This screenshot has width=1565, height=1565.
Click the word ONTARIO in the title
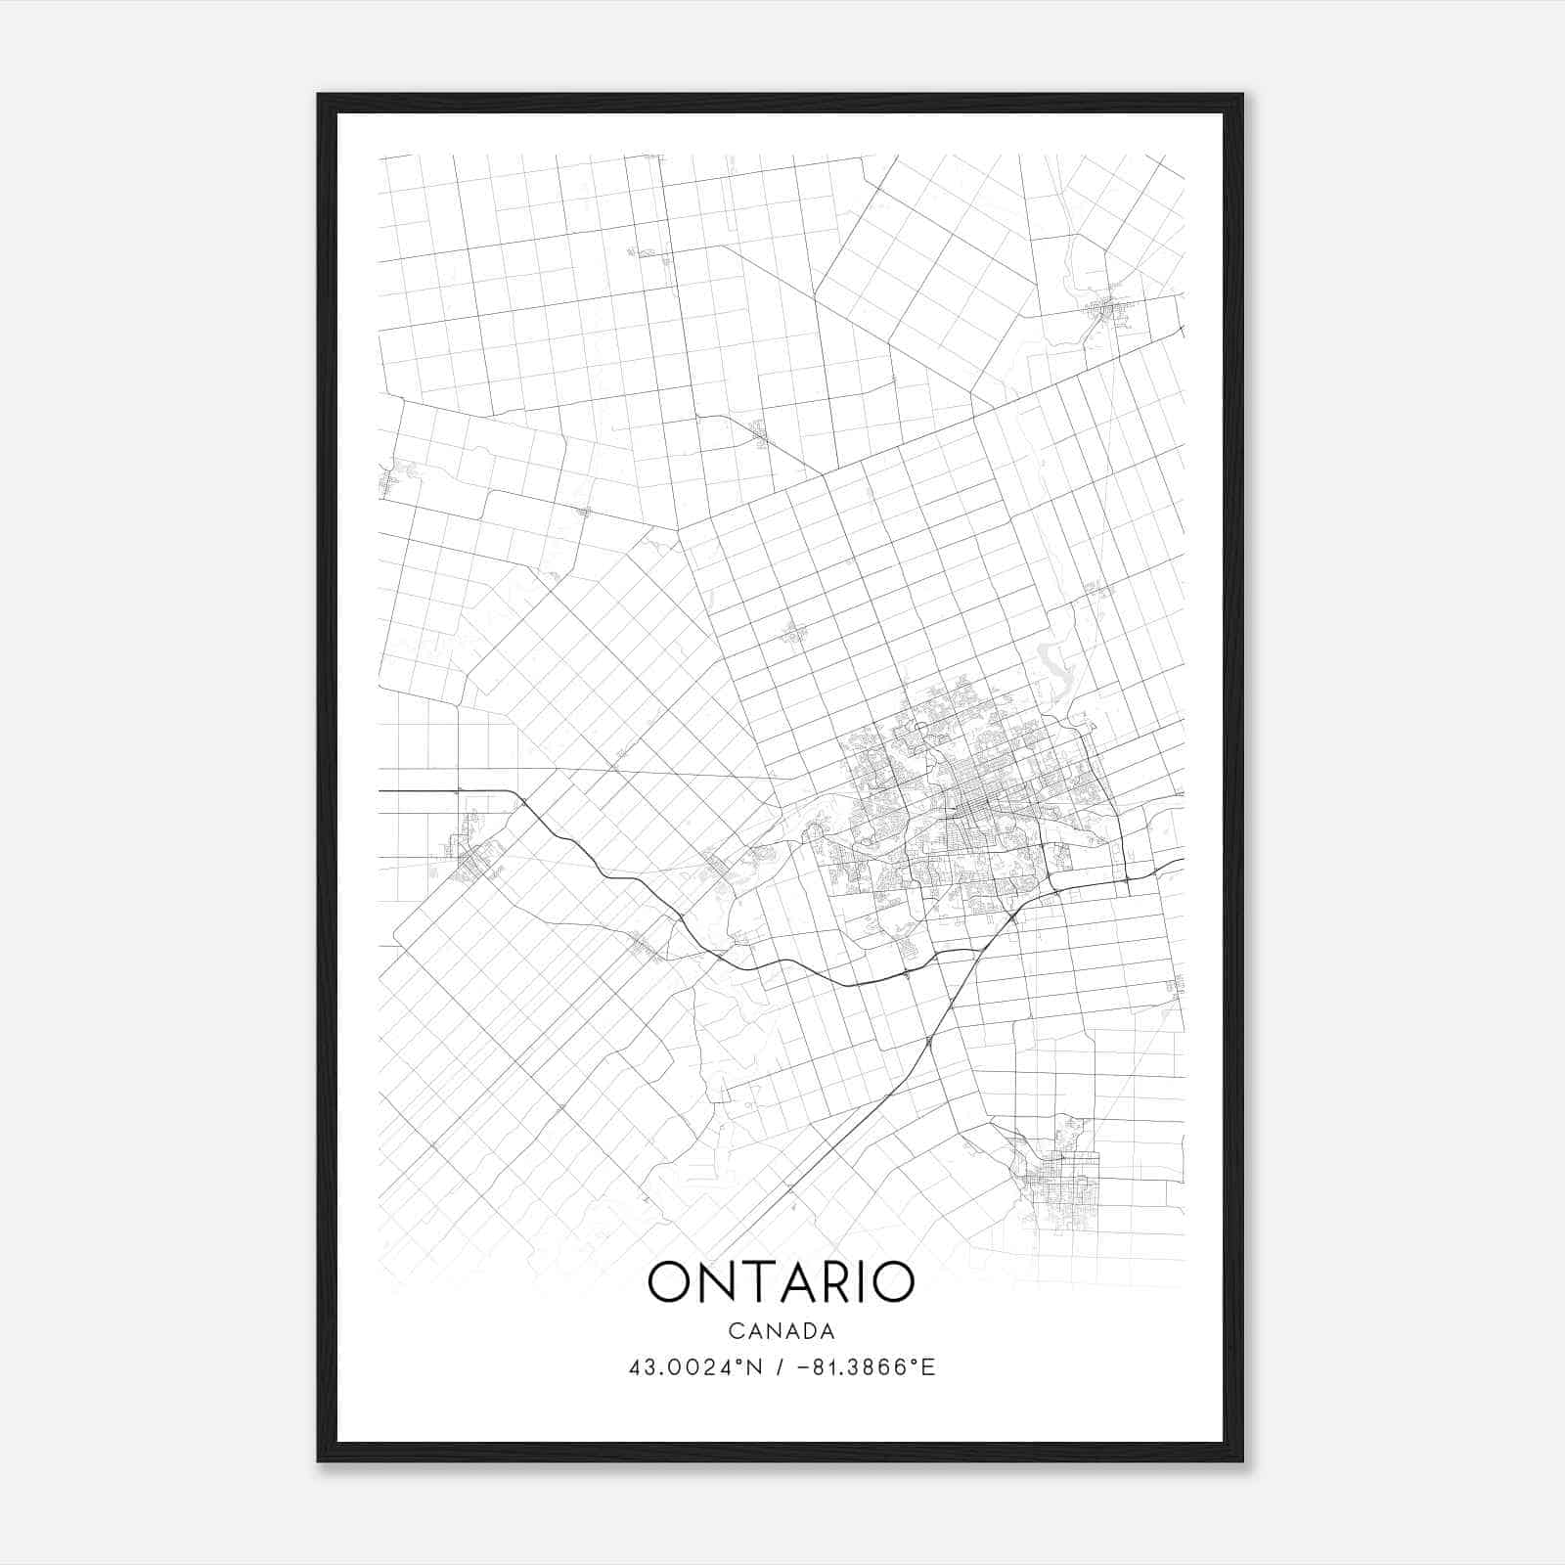coord(781,1283)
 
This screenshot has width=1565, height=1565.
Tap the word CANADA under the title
coord(781,1331)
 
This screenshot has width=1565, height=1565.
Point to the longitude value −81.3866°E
coord(867,1367)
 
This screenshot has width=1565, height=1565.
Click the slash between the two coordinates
coord(780,1367)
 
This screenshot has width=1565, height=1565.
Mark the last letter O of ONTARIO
coord(892,1283)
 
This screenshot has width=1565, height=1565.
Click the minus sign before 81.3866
coord(804,1367)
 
